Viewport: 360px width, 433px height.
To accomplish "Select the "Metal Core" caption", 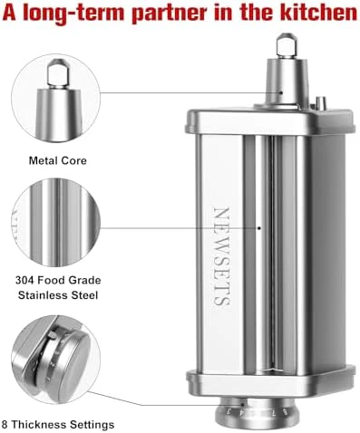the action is (58, 160).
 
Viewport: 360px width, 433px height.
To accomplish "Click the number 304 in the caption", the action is (24, 280).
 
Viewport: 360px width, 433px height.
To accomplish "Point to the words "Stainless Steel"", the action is (58, 295).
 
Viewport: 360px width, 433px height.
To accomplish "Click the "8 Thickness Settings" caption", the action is (58, 424).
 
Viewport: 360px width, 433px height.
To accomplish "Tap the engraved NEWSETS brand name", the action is (222, 256).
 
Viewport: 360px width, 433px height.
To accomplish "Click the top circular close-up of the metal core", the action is (56, 99).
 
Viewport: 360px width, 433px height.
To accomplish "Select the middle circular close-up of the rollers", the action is (56, 222).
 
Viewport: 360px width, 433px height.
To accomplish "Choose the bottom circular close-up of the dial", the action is (56, 359).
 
